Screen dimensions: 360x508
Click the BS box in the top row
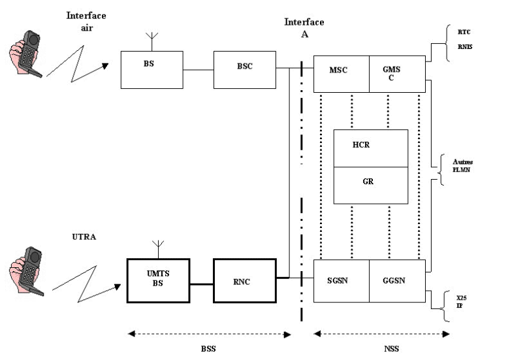tap(152, 69)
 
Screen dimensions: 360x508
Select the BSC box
tap(245, 69)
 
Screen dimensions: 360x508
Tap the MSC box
tap(341, 74)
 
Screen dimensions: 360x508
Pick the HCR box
tap(370, 148)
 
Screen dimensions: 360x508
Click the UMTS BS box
tap(157, 280)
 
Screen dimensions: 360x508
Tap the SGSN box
tap(341, 281)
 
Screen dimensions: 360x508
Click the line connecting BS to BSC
tap(198, 69)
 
